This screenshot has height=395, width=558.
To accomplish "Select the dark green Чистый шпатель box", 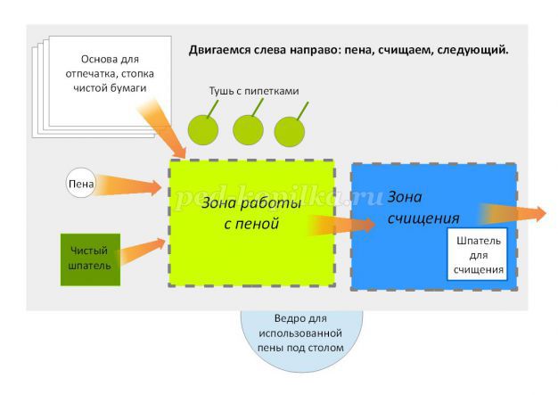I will pyautogui.click(x=89, y=259).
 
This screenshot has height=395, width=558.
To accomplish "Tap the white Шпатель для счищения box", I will pyautogui.click(x=479, y=254).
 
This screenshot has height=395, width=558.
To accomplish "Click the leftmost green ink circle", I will pyautogui.click(x=203, y=130).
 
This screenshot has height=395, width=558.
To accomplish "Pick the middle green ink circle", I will pyautogui.click(x=248, y=130).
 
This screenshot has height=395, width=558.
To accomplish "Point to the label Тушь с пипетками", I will pyautogui.click(x=253, y=91).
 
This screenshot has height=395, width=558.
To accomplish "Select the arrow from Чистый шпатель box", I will pyautogui.click(x=143, y=251).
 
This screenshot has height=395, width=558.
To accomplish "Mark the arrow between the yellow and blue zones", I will pyautogui.click(x=343, y=223).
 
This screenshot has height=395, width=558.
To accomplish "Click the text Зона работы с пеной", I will pyautogui.click(x=239, y=214).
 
